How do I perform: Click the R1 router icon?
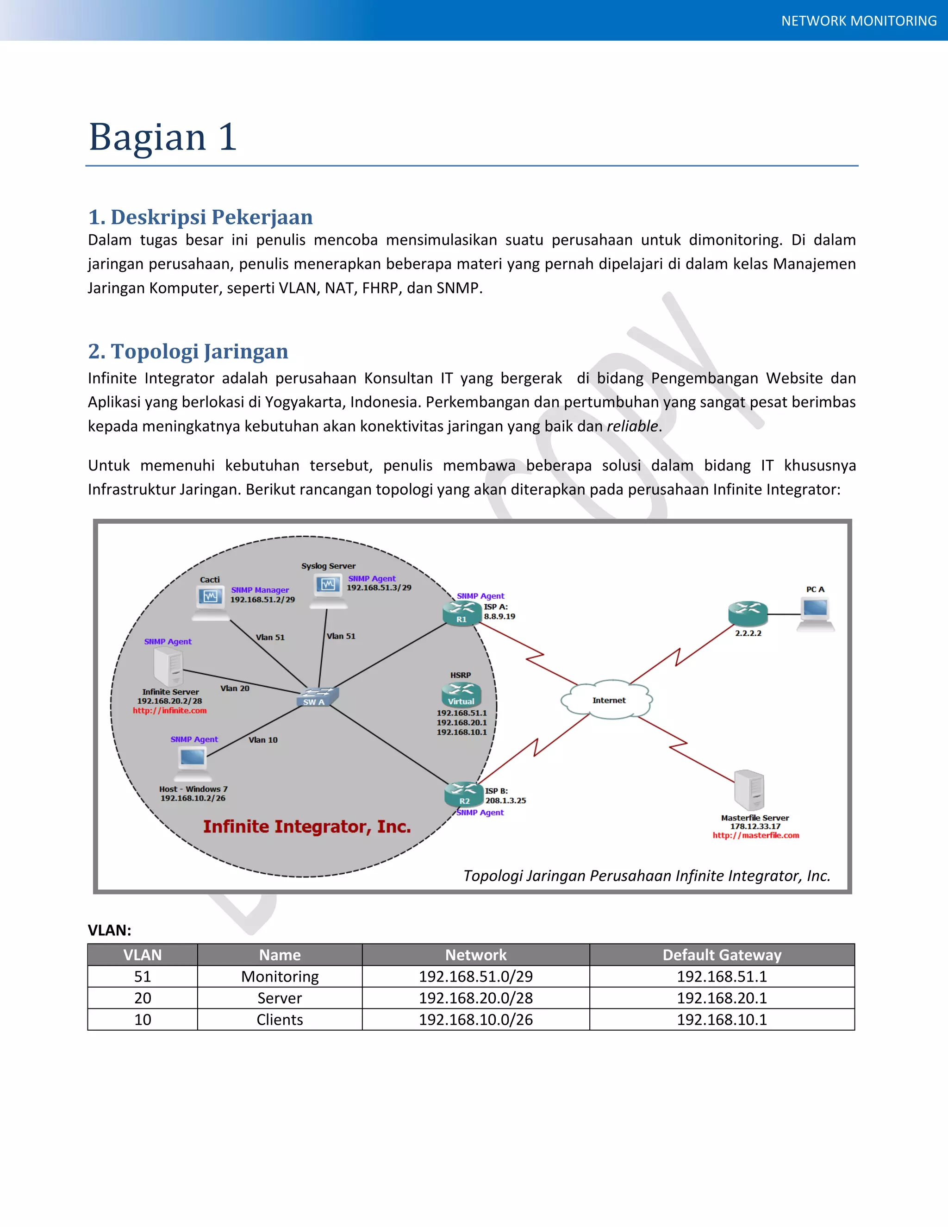point(462,613)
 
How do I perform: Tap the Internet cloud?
point(608,700)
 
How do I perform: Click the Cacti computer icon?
point(210,601)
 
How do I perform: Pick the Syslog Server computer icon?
point(329,589)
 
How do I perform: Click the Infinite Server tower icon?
point(168,666)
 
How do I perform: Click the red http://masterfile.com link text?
point(755,835)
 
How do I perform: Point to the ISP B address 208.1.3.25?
point(505,801)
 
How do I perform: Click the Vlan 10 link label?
point(263,740)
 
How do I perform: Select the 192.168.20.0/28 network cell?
point(476,998)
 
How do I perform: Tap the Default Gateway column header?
point(722,955)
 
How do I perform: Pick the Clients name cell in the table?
point(280,1020)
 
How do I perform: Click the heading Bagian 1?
point(163,137)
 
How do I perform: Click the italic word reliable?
point(632,426)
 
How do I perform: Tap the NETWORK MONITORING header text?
point(859,21)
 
